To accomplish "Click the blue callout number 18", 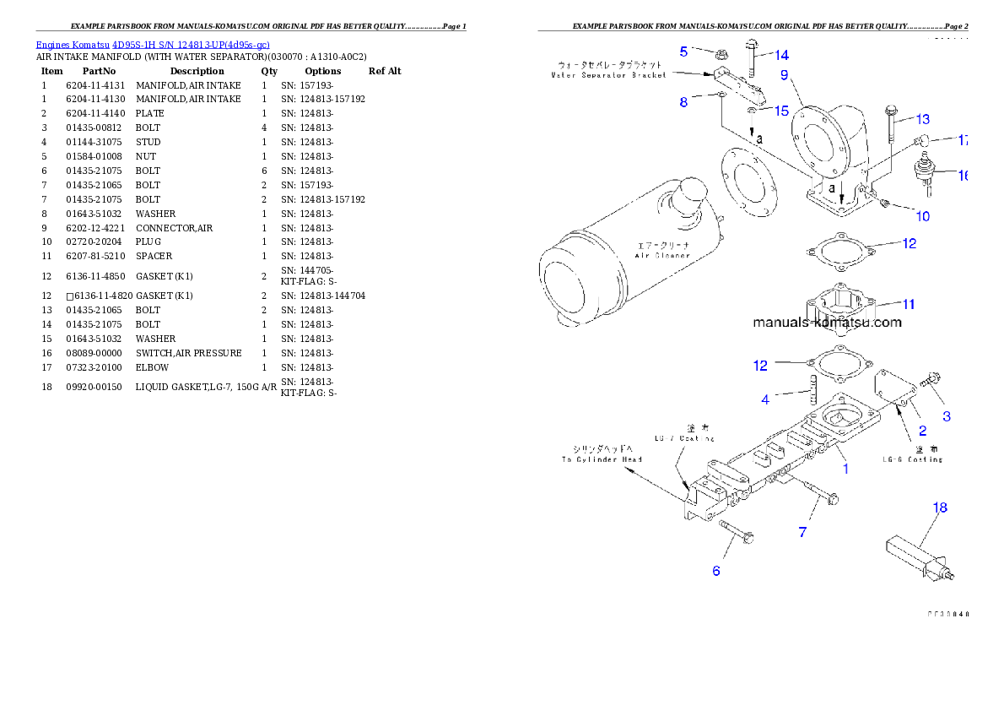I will click(940, 507).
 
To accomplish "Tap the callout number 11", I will click(908, 304).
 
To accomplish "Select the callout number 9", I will click(784, 75).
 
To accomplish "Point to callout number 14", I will click(782, 56).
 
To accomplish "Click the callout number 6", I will click(716, 571).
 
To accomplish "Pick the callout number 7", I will click(802, 532).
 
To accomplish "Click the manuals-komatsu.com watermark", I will click(827, 322).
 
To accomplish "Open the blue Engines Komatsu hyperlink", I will click(153, 44).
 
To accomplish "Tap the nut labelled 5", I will click(721, 54).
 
